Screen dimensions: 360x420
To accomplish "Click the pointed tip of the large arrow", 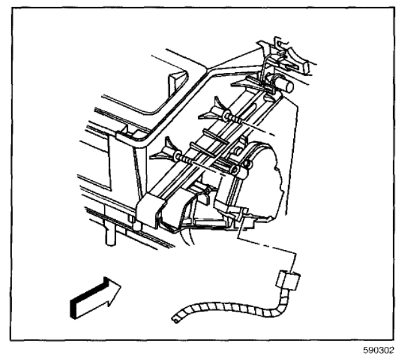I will point(120,280).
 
